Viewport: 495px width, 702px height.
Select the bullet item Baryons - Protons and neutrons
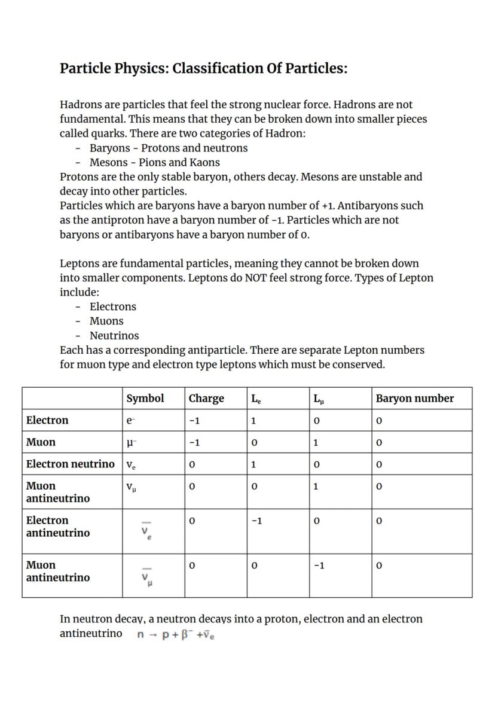[168, 148]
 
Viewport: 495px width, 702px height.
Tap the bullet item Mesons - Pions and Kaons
[154, 162]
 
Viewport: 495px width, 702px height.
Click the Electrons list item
[112, 306]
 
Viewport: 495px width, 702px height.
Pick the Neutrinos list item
[114, 336]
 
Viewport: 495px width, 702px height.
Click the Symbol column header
[145, 399]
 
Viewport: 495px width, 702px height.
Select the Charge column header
[206, 399]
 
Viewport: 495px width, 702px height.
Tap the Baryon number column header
[414, 399]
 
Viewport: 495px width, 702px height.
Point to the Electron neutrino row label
[70, 464]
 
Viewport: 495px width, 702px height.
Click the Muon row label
[41, 442]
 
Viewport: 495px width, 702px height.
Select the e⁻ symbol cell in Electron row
[131, 421]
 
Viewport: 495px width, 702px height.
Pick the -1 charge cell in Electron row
[194, 421]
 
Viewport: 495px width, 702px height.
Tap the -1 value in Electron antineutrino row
[256, 521]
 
